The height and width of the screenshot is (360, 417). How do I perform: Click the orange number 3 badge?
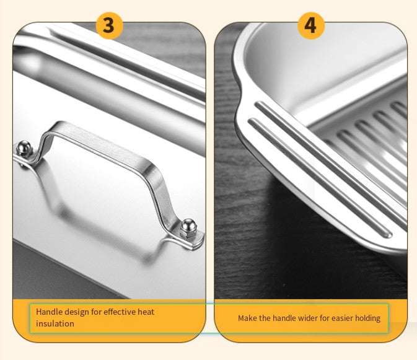point(109,26)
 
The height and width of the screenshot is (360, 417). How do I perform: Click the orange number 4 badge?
point(311,26)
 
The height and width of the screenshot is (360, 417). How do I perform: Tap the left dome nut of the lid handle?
point(24,148)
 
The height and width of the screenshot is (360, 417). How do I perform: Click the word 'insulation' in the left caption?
point(55,323)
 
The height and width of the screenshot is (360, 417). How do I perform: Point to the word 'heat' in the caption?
point(146,312)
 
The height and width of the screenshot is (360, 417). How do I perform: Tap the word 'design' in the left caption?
point(77,312)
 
